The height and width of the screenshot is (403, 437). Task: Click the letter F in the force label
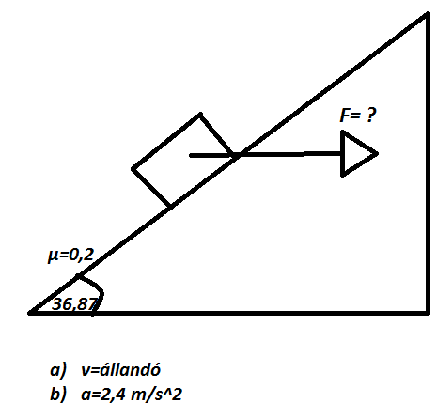345,116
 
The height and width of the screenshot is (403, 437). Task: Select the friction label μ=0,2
70,256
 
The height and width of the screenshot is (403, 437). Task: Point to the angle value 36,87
74,304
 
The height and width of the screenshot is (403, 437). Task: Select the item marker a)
58,369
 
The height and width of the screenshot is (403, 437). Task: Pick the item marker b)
58,394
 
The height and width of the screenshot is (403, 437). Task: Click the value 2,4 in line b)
113,395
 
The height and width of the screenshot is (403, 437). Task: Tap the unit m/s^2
156,394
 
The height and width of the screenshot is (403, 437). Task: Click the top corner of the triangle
428,13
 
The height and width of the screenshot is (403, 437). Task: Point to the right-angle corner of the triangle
428,313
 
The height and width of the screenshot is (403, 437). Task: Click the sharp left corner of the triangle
30,313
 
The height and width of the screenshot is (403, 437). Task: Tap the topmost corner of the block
200,114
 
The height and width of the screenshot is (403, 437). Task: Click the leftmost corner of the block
133,169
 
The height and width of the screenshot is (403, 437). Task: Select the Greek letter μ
53,256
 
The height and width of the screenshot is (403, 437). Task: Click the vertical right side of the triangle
428,163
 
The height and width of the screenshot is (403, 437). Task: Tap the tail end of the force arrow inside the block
191,155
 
